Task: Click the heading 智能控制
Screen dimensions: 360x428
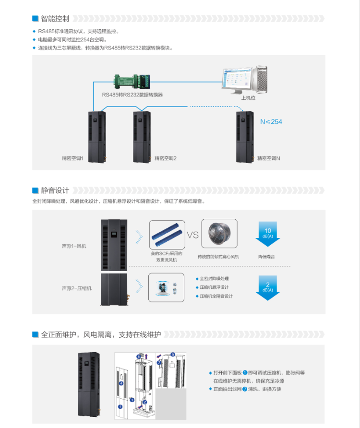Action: pos(55,19)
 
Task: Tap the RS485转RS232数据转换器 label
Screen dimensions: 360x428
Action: pos(132,95)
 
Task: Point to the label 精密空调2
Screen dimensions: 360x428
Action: pos(166,158)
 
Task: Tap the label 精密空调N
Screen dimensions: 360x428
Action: pos(268,158)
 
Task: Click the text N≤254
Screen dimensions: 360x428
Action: pos(271,122)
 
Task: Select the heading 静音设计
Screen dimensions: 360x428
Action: pos(55,190)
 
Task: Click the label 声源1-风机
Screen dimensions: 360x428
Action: pos(74,246)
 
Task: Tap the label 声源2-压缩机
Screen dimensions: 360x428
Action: pos(76,288)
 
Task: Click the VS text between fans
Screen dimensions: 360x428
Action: pos(192,235)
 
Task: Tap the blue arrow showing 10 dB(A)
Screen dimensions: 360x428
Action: pos(267,234)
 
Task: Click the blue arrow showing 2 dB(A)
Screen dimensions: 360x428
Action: pos(267,287)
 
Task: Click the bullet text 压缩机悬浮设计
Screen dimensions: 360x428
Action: pos(214,287)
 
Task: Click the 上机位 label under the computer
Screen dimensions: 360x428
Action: pos(248,98)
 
